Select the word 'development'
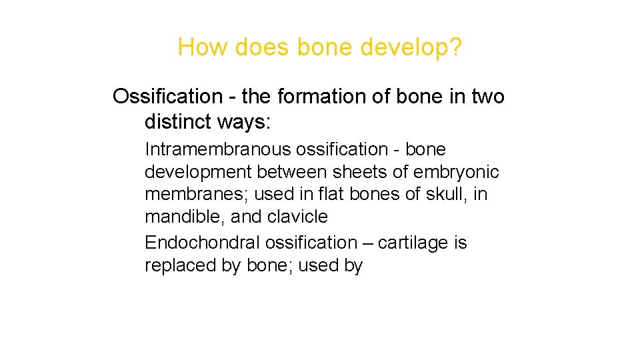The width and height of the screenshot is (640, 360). click(x=198, y=173)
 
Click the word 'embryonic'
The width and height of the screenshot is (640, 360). click(x=456, y=173)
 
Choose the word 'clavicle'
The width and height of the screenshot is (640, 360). click(x=298, y=217)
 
